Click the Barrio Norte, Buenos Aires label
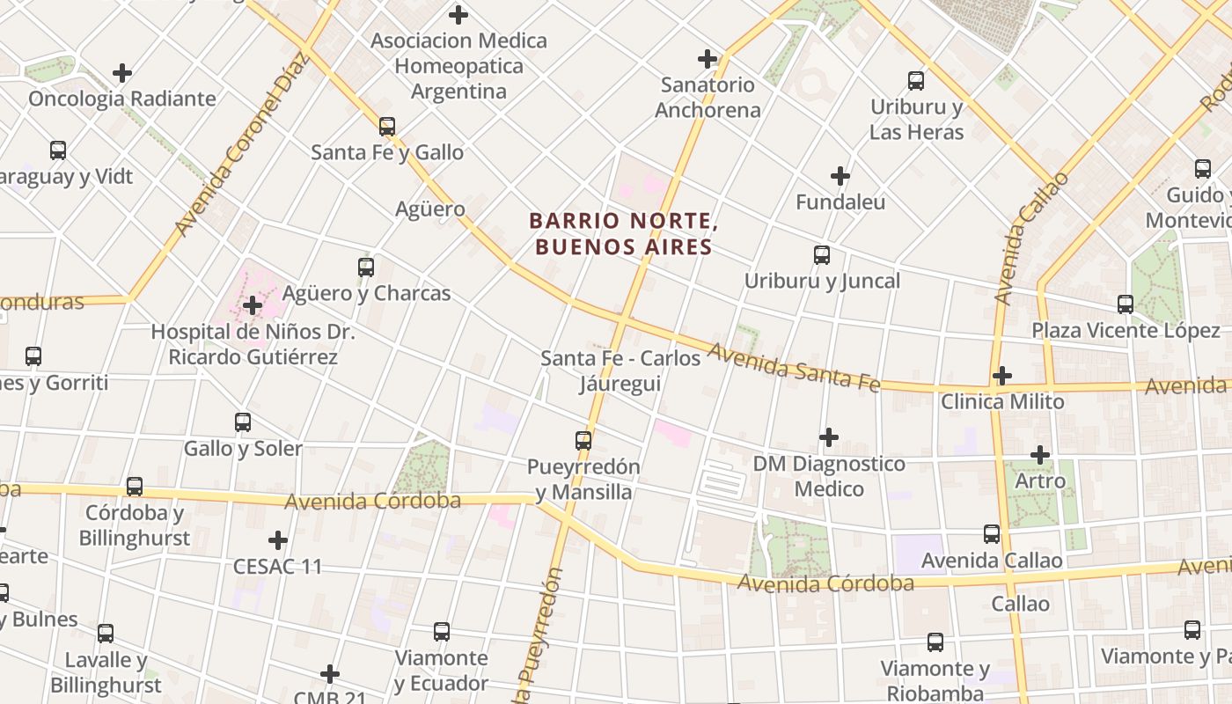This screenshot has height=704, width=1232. [x=623, y=234]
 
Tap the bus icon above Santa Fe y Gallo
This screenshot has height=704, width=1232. [x=387, y=127]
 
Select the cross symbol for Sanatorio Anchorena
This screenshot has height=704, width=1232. [x=708, y=59]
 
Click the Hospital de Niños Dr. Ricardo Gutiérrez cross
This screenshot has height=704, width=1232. [x=253, y=306]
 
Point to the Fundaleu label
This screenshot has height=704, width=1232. [x=840, y=202]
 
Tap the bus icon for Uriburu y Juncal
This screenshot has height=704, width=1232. [x=822, y=255]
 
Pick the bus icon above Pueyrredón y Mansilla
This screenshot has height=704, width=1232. [x=583, y=440]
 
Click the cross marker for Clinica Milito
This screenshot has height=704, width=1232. [x=1001, y=376]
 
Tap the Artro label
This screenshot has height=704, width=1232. [x=1040, y=481]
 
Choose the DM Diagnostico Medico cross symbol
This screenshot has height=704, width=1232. [x=828, y=437]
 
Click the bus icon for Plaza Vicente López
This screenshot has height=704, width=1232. [x=1126, y=304]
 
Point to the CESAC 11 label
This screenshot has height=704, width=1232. [x=278, y=567]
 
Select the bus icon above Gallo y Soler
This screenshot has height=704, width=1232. [x=243, y=422]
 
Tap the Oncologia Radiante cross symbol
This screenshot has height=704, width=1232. [x=122, y=73]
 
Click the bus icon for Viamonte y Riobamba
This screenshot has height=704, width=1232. [x=935, y=642]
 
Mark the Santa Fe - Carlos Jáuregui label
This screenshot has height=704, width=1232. [x=620, y=371]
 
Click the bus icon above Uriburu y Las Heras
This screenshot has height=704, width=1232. [x=916, y=81]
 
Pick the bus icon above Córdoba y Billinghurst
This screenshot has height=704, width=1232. [x=135, y=487]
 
